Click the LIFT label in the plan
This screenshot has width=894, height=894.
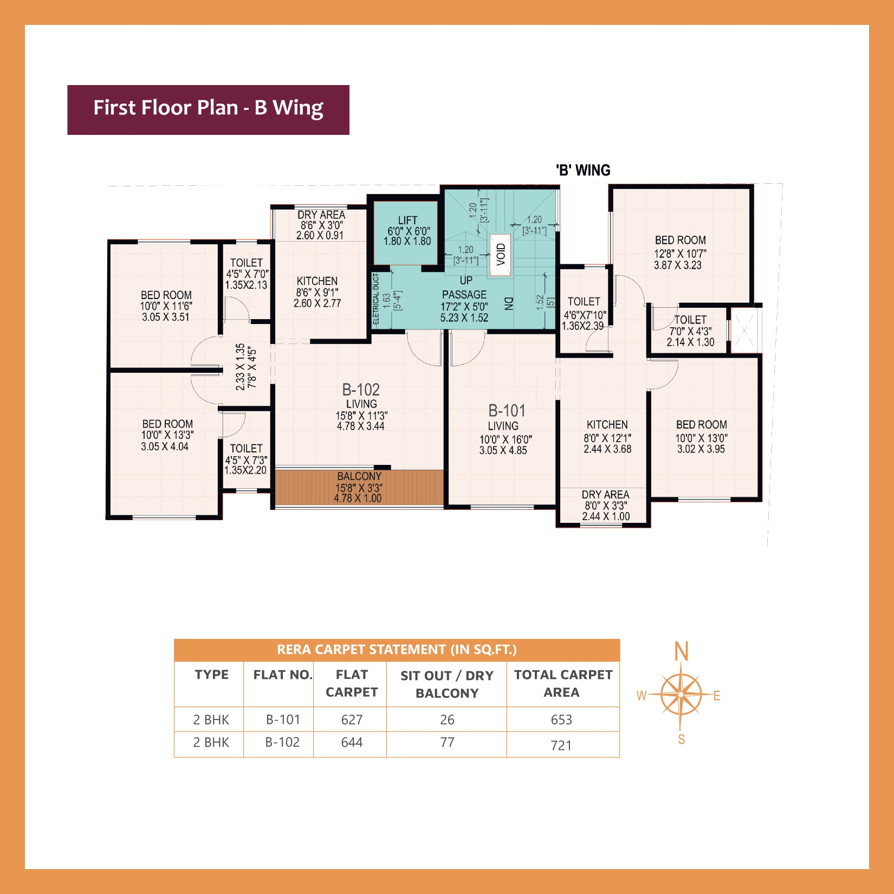[407, 220]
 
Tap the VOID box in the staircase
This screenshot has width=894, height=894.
[501, 255]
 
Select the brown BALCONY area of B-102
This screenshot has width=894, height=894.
[359, 488]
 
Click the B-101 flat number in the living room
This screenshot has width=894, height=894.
[507, 411]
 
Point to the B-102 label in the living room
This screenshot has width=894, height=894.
[361, 390]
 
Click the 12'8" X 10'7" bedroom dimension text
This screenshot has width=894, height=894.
[680, 254]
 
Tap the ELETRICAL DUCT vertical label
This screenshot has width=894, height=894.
[376, 299]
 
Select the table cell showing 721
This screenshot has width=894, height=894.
[561, 746]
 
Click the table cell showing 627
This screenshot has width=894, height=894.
[352, 720]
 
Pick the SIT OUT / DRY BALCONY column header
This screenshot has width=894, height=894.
[447, 684]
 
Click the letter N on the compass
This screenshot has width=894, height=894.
[681, 651]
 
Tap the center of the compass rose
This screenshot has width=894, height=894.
[681, 695]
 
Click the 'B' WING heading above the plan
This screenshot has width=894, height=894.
[583, 170]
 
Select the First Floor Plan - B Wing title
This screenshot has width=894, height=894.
[208, 108]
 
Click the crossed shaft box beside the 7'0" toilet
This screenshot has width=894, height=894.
[744, 331]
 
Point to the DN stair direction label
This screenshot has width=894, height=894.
[508, 303]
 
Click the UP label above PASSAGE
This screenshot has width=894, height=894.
[465, 281]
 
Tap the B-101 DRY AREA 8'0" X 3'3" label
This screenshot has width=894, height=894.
[605, 505]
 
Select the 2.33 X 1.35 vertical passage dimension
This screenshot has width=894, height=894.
[240, 367]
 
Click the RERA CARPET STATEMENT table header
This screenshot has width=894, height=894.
[397, 650]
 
